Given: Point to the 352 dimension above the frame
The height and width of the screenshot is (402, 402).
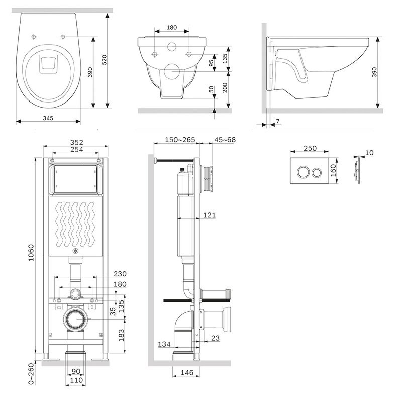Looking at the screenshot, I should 76,142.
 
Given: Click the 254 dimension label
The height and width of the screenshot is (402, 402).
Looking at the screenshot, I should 76,150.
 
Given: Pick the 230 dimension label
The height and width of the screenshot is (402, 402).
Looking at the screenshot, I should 120,274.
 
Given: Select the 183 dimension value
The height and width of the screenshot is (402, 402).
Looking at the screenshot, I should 120,334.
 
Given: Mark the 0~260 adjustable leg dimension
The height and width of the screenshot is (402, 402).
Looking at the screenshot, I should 31,374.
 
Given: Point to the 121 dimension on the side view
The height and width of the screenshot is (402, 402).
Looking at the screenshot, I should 209,215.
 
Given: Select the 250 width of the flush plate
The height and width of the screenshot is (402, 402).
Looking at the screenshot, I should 310,148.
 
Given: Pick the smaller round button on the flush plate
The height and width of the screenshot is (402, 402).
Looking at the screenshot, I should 317,172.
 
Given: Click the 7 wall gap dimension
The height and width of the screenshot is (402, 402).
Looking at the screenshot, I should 278,121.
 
